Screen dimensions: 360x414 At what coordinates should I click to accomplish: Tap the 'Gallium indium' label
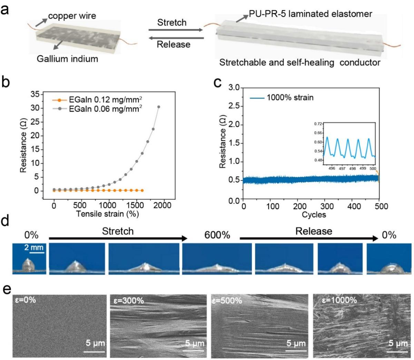coord(67,59)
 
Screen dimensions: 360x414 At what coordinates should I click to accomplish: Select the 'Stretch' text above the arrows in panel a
coord(172,23)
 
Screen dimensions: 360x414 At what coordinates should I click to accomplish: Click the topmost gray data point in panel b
coord(159,107)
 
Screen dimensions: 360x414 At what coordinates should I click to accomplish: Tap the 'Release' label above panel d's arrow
coord(314,231)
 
